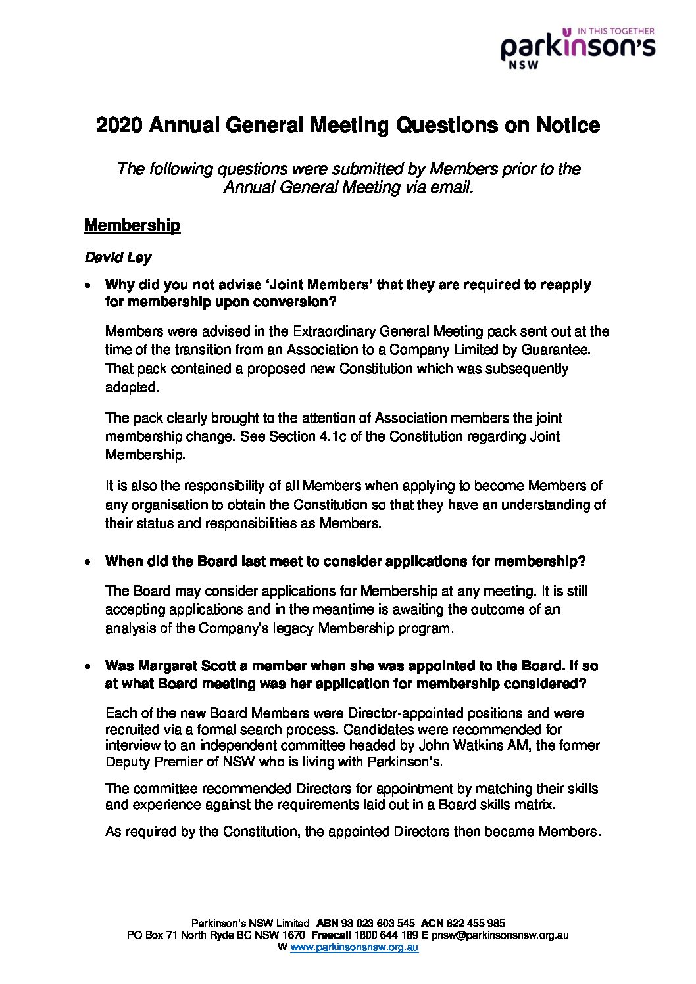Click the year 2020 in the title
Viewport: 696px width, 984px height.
pos(118,125)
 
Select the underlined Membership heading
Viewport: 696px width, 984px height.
pos(132,225)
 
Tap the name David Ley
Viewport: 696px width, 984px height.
pos(118,258)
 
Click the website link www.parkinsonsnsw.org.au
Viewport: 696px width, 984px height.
pos(354,947)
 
